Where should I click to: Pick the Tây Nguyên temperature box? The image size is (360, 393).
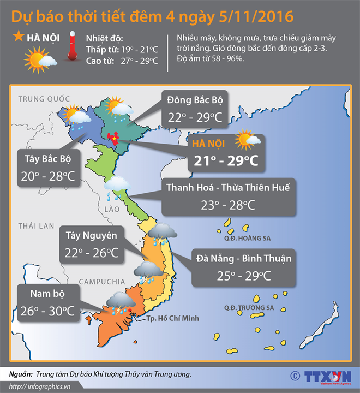(x=91, y=245)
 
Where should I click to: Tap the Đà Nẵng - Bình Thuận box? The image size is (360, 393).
(x=236, y=266)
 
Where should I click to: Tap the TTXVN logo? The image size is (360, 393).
(x=322, y=376)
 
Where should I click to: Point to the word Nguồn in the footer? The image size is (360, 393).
(x=20, y=374)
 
